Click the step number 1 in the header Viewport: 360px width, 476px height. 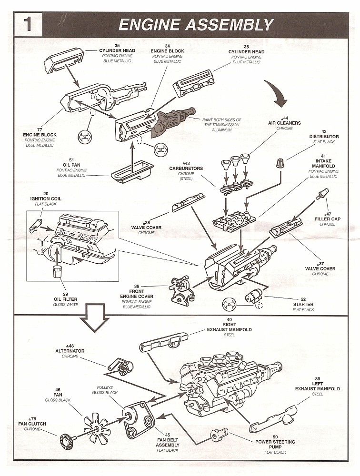28,24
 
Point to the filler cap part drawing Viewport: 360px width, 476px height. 322,193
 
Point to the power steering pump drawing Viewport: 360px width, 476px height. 220,434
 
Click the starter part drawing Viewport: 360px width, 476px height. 255,298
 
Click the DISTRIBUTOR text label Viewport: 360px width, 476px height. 324,137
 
